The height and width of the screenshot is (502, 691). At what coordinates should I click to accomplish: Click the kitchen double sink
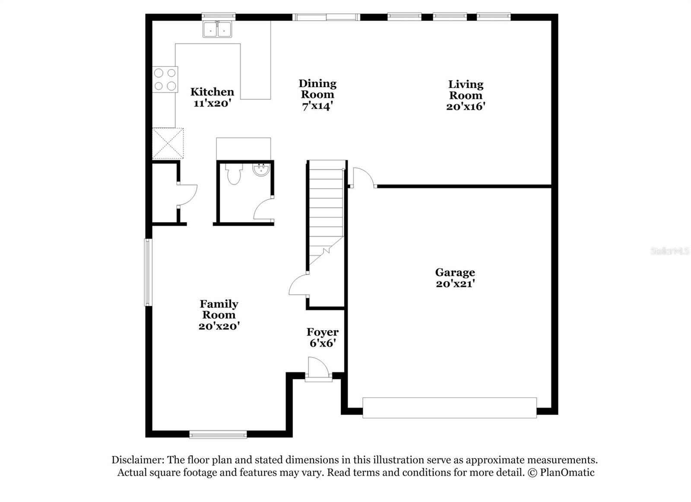click(x=218, y=30)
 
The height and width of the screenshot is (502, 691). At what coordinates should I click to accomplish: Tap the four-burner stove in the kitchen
click(x=165, y=79)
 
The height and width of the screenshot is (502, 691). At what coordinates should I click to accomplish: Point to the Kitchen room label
click(x=212, y=92)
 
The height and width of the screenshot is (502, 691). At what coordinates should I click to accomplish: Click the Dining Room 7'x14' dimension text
click(x=317, y=106)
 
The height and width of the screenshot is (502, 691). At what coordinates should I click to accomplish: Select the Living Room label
click(x=466, y=90)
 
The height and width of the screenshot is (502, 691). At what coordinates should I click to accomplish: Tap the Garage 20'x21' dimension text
click(x=455, y=284)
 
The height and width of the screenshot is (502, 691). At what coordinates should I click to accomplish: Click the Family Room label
click(x=219, y=309)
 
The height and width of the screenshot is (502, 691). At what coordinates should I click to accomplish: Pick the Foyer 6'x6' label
click(x=322, y=338)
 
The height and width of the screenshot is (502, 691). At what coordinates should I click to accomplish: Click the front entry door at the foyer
click(x=318, y=369)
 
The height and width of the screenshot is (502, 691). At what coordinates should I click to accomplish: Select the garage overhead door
click(x=449, y=408)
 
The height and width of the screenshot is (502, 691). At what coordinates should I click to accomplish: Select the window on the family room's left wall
click(x=148, y=272)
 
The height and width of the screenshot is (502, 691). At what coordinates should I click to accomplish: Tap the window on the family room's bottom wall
click(x=218, y=434)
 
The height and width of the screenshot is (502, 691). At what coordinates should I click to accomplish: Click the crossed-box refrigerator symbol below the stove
click(x=168, y=143)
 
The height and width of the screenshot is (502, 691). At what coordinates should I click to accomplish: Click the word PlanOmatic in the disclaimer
click(x=567, y=473)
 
